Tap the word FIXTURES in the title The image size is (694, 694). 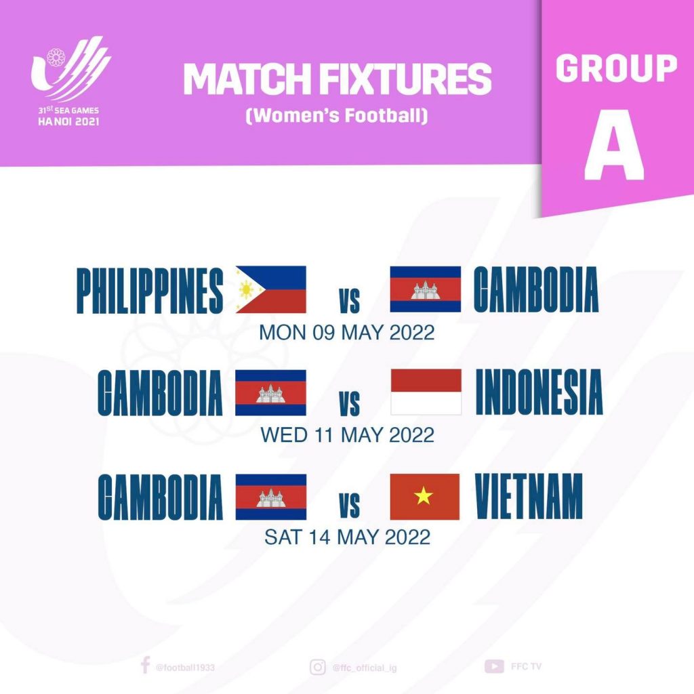coord(405,79)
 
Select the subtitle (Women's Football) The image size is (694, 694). coord(337,115)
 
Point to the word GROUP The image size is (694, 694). coord(616,68)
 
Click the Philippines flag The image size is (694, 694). coord(271,289)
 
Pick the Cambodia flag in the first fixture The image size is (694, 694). coord(426,289)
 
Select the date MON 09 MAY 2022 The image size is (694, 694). coord(346,333)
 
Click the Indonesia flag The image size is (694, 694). coord(426,392)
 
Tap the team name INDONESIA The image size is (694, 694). coord(539,392)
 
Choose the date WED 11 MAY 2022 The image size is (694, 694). coord(347,435)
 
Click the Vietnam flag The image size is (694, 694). coord(425,497)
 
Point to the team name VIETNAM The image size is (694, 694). coord(529,496)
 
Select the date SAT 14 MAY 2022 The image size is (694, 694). coord(347,537)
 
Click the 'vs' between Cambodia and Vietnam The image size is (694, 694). coord(350,506)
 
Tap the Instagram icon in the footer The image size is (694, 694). coord(317,667)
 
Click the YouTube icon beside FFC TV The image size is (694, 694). coord(494,666)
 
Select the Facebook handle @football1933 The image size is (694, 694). coord(185,668)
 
